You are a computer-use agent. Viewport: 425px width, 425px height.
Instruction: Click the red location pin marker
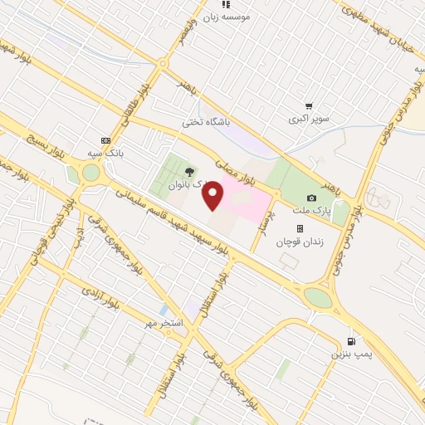pos(213,197)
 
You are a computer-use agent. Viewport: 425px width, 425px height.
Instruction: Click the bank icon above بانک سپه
pos(105,140)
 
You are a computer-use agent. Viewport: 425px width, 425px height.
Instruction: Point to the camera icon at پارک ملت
pos(311,198)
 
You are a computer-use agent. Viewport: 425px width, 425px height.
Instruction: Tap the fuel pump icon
pos(353,341)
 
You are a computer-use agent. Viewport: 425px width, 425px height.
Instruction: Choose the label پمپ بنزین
pos(349,354)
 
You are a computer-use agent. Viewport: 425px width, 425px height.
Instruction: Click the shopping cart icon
pos(309,106)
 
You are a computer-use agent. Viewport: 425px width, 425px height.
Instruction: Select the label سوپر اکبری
pos(309,119)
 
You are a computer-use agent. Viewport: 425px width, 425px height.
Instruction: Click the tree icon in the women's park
pos(192,172)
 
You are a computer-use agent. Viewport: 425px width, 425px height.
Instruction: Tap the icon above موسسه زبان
pos(226,4)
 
